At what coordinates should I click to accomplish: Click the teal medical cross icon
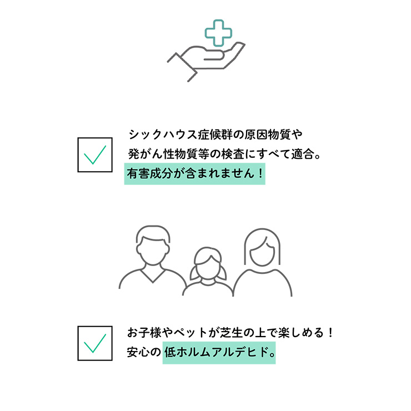(x=218, y=33)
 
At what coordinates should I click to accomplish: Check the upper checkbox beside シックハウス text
(x=95, y=154)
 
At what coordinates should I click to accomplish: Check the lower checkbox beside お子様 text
(x=95, y=343)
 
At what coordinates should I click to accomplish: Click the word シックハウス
(x=163, y=135)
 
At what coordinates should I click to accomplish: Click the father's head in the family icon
(x=153, y=245)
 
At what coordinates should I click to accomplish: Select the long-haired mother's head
(x=262, y=248)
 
